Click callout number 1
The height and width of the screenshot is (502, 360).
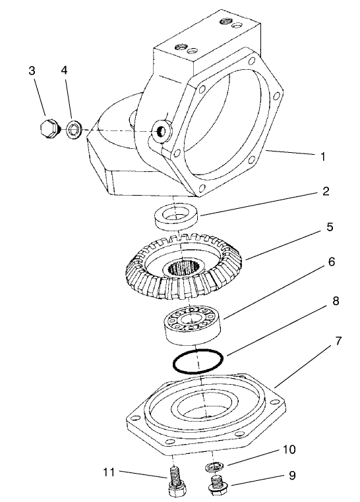322,157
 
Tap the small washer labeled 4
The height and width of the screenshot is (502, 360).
72,129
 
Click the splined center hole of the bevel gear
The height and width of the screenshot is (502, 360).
185,268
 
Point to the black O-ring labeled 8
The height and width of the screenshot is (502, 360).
198,361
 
